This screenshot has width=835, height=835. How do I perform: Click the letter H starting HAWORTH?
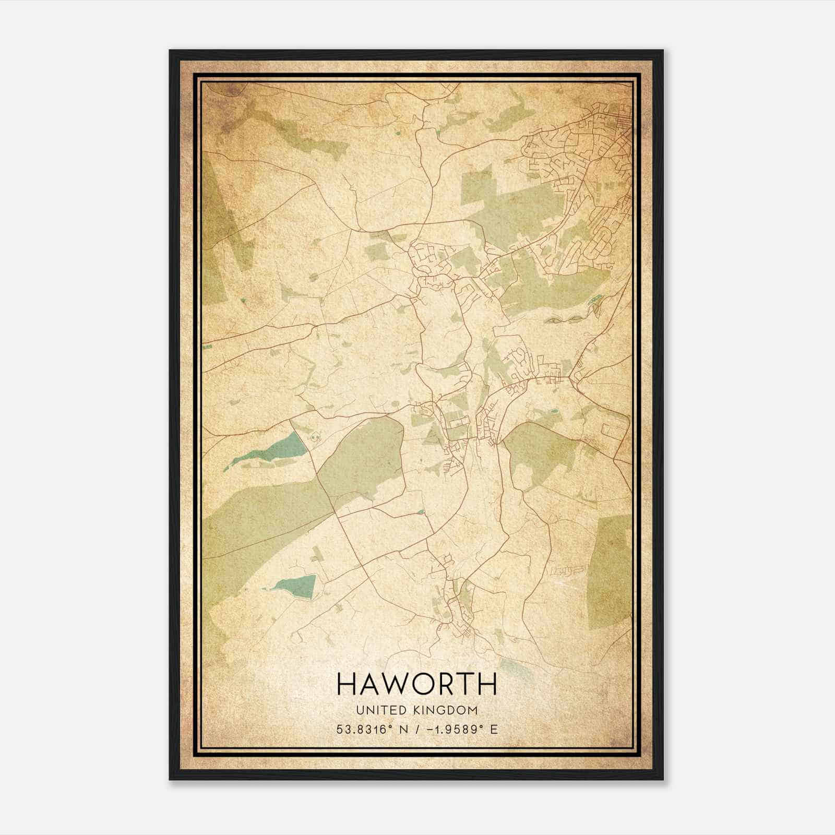point(349,684)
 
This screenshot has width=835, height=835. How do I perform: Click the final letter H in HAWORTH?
point(486,684)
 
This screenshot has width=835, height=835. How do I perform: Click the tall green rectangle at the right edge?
point(610,571)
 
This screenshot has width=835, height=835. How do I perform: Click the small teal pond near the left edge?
point(243,301)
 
